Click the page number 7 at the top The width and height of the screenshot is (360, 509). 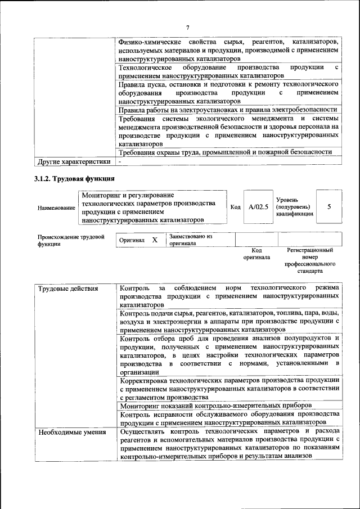point(188,28)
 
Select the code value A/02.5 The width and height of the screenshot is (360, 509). point(258,207)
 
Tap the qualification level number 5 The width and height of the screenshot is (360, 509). point(329,206)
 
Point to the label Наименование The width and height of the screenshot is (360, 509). point(56,208)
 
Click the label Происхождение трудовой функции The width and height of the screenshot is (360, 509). point(71,241)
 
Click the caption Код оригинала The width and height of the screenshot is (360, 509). point(256,254)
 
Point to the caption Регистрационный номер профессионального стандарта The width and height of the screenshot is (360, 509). point(310,260)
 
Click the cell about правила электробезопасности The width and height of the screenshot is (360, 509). point(228,110)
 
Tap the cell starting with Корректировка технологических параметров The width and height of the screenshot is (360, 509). point(229,388)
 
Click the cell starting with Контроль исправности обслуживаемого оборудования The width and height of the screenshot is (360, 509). point(229,418)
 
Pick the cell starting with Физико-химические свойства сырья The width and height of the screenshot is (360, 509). point(229,50)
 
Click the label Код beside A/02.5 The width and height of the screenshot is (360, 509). point(235,207)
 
